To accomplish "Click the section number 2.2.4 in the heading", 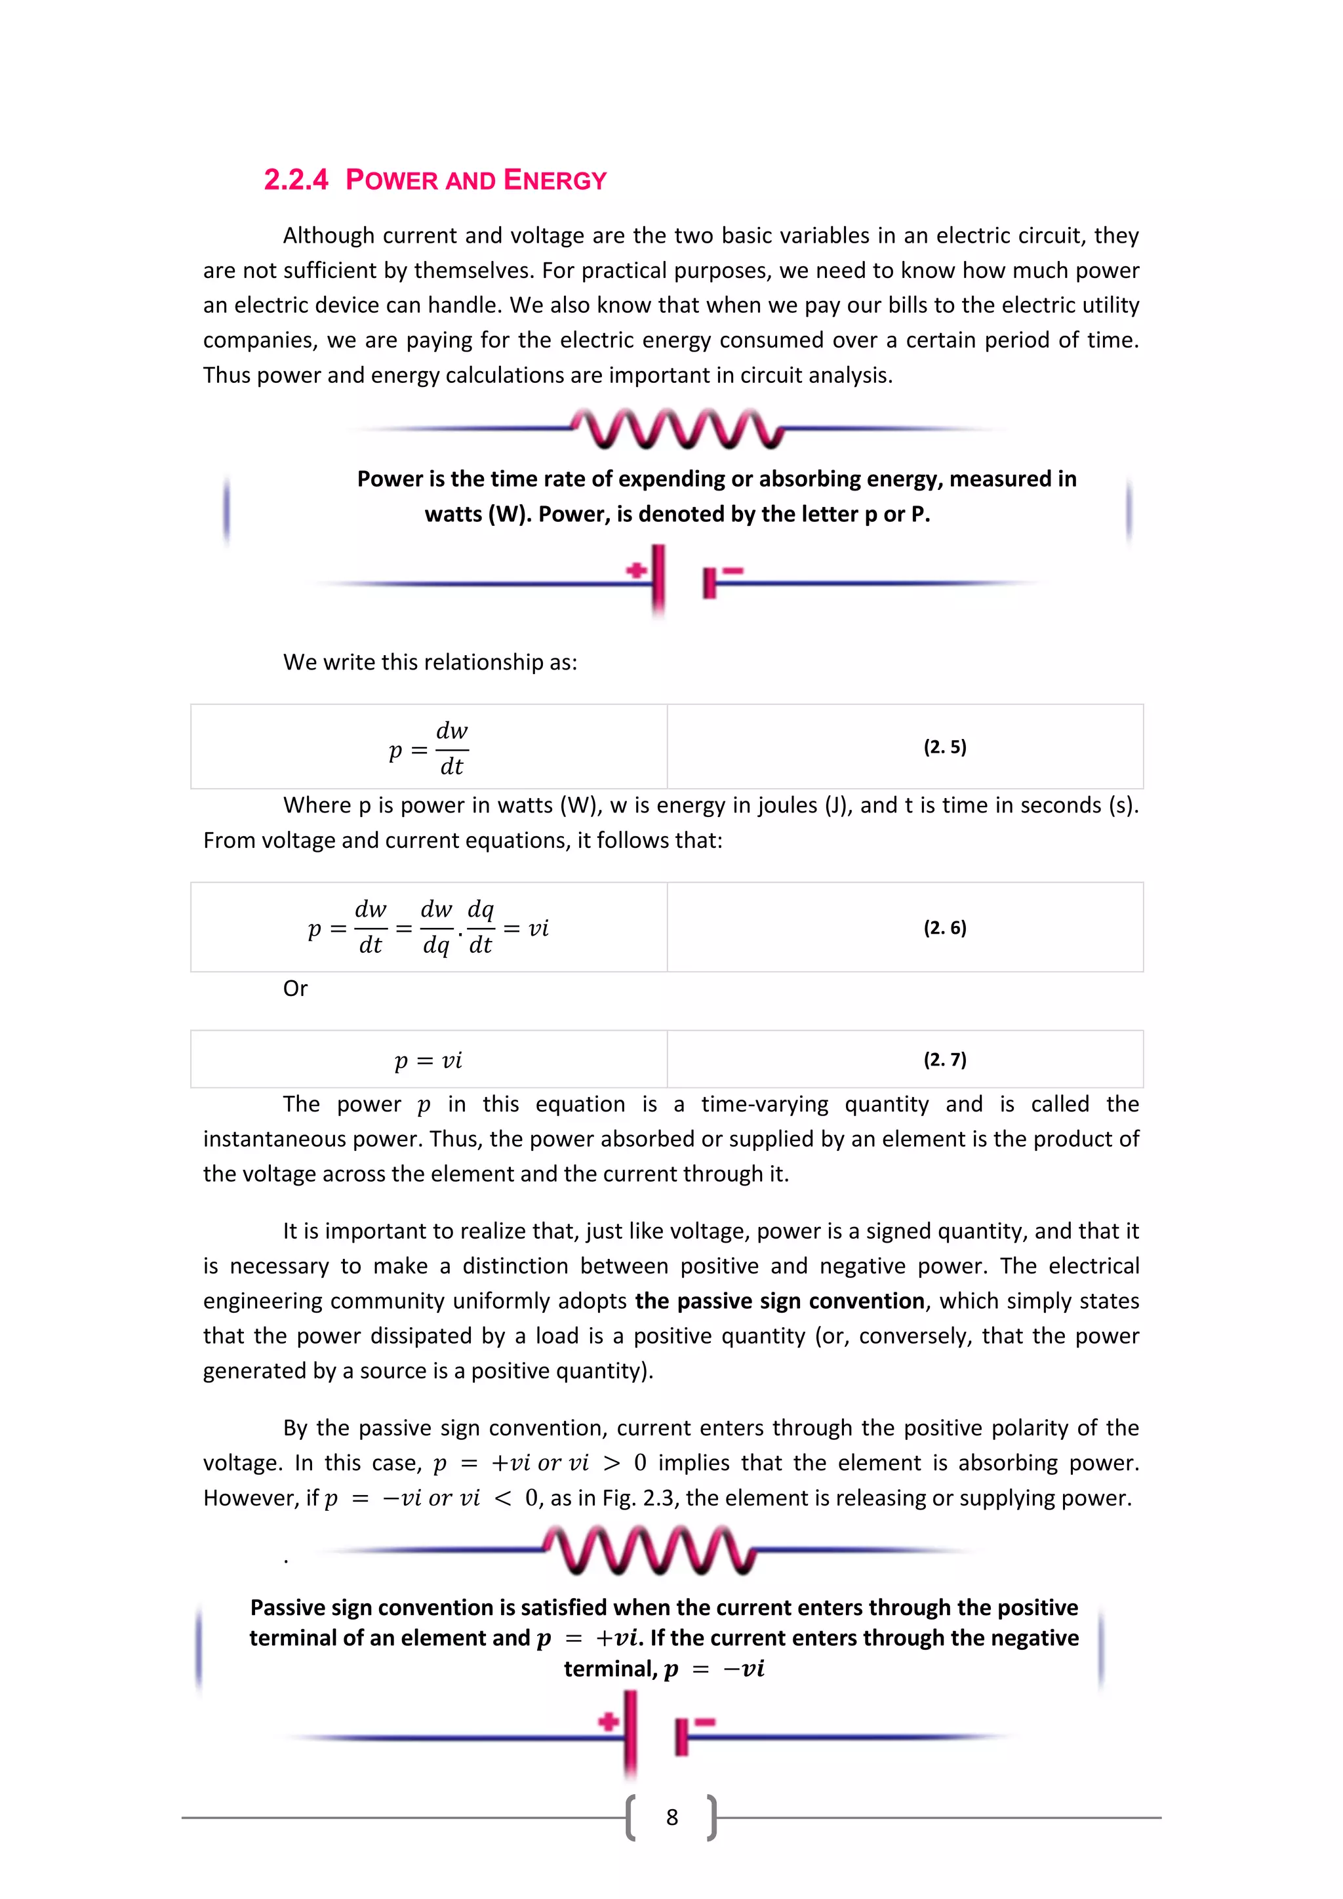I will pyautogui.click(x=295, y=180).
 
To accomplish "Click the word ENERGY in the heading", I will pyautogui.click(x=555, y=180).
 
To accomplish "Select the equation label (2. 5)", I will pyautogui.click(x=944, y=747).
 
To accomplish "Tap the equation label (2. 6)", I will pyautogui.click(x=944, y=927).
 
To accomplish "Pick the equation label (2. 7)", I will pyautogui.click(x=944, y=1060).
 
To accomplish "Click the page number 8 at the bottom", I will pyautogui.click(x=671, y=1817).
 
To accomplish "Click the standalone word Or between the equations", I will pyautogui.click(x=295, y=988).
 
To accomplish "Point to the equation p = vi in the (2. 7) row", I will pyautogui.click(x=428, y=1060).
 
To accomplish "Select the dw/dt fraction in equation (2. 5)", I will pyautogui.click(x=452, y=748).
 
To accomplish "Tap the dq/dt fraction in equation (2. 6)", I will pyautogui.click(x=481, y=927).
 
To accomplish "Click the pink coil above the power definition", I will pyautogui.click(x=677, y=428).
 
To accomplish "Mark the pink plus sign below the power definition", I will pyautogui.click(x=636, y=570).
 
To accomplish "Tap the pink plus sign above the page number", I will pyautogui.click(x=609, y=1721).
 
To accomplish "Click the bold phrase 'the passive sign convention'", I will pyautogui.click(x=779, y=1301).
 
